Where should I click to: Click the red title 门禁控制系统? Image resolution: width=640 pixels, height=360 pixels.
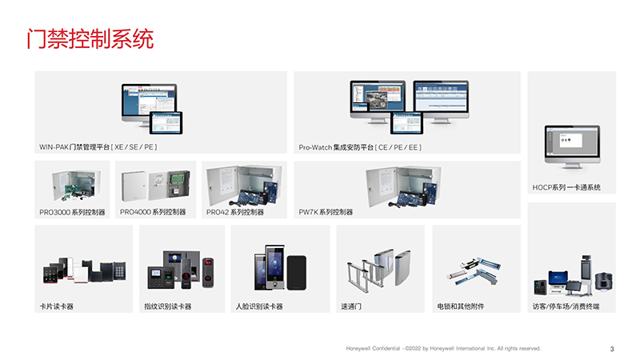[x=90, y=39]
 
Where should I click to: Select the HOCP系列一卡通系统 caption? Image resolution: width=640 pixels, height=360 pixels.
[x=566, y=187]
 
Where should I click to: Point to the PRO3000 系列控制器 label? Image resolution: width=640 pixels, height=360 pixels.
[x=72, y=212]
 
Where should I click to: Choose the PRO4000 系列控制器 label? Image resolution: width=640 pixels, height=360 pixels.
[x=153, y=212]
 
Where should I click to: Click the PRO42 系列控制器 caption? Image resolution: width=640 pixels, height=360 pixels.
[x=234, y=212]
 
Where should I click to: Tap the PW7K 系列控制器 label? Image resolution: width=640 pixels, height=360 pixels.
[x=326, y=212]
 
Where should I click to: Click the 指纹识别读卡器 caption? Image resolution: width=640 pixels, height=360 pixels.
[x=168, y=306]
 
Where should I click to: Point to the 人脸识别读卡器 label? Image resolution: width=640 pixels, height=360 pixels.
[x=259, y=306]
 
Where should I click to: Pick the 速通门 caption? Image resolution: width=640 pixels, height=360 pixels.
[x=351, y=306]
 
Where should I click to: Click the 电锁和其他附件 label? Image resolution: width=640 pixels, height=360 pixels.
[x=461, y=306]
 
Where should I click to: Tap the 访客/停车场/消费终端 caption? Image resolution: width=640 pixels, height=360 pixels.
[x=566, y=306]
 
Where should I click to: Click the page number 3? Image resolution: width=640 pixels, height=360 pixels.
[x=612, y=349]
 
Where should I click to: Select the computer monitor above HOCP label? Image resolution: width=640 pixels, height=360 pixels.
[x=572, y=147]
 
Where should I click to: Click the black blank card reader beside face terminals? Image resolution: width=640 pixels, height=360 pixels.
[x=297, y=273]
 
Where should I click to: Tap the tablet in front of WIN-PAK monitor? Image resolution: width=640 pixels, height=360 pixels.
[x=166, y=122]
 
